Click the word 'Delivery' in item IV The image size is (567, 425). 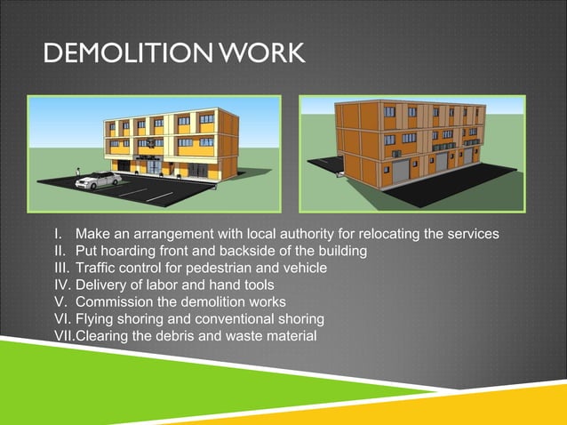pyautogui.click(x=103, y=285)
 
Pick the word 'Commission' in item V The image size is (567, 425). pyautogui.click(x=116, y=301)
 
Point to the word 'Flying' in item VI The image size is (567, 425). pyautogui.click(x=95, y=318)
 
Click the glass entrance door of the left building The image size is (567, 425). pyautogui.click(x=153, y=166)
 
